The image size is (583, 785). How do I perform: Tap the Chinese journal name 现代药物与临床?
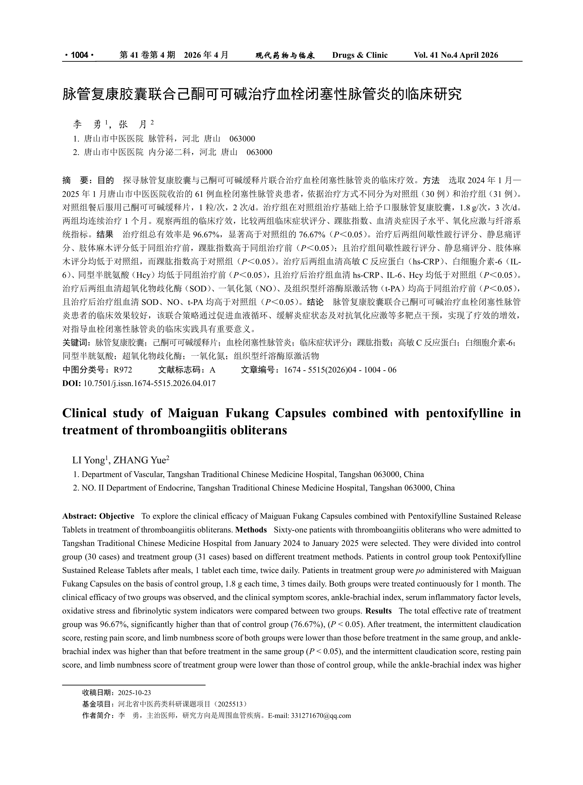coord(285,55)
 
